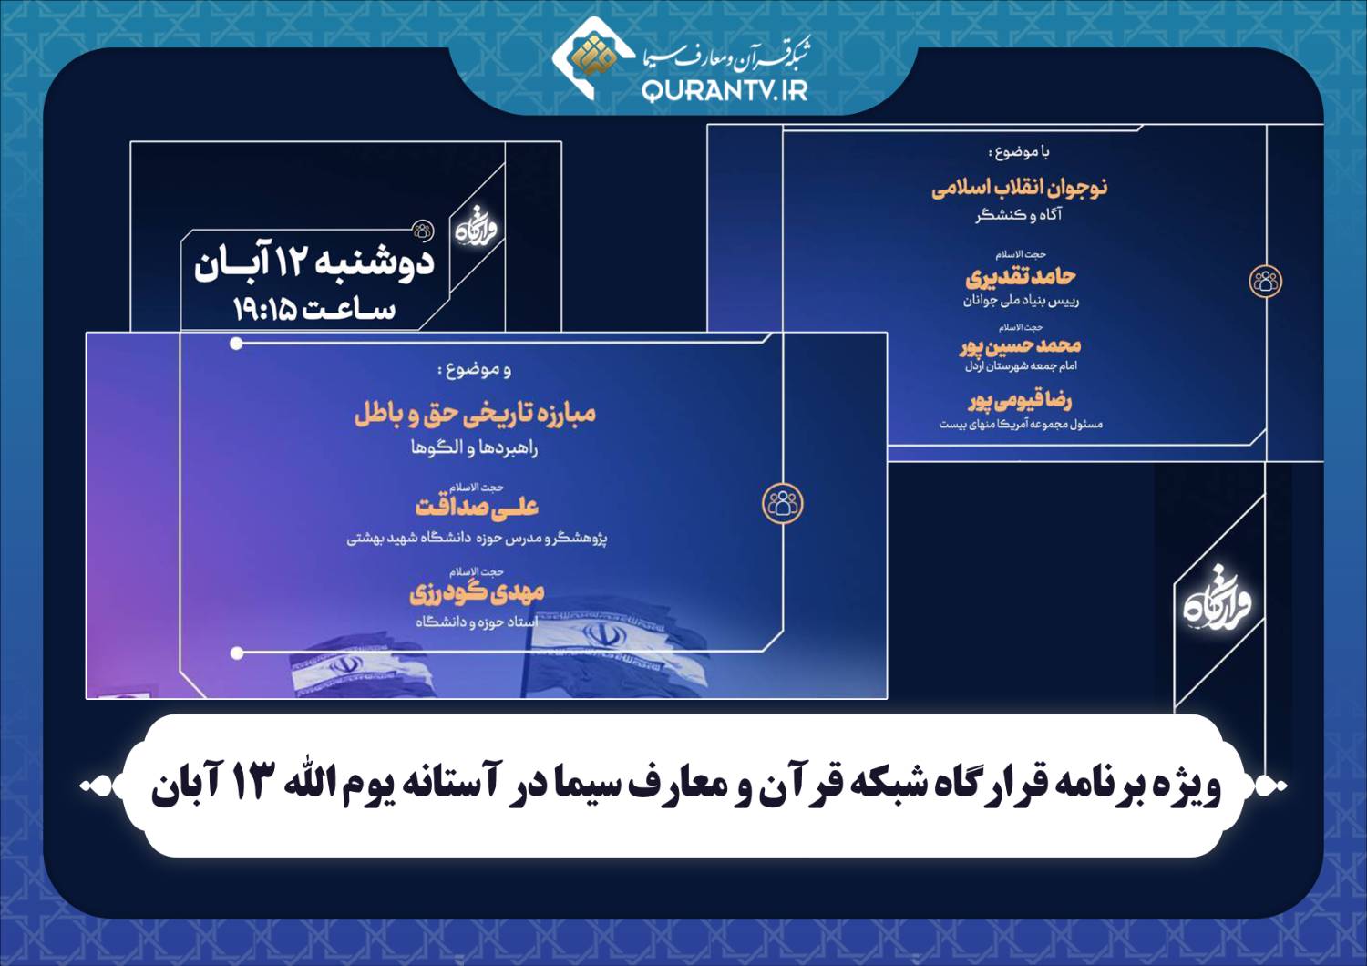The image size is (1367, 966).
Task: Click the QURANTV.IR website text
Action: (725, 91)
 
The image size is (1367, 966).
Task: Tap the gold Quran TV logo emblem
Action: (591, 54)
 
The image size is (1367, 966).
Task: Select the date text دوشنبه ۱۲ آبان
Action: (314, 264)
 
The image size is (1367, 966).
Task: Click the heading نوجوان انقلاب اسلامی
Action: (1019, 188)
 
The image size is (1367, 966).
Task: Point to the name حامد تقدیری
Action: (1021, 278)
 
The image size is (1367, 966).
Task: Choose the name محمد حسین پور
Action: (1020, 346)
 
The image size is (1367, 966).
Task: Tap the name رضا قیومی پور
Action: (1020, 401)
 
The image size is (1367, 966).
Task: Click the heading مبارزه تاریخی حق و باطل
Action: (476, 415)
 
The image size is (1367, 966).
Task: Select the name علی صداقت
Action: (477, 507)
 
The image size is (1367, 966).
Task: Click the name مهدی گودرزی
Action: (477, 592)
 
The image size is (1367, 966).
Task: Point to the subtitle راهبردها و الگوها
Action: (474, 448)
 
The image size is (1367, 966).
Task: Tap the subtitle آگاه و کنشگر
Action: (1019, 215)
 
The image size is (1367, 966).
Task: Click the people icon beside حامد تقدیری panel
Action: (1266, 282)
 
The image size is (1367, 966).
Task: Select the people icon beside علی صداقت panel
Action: (783, 503)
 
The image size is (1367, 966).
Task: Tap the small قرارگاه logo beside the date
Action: (477, 230)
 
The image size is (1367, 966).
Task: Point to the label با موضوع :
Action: (1019, 152)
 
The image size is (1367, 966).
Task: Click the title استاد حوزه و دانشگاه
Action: (477, 622)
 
